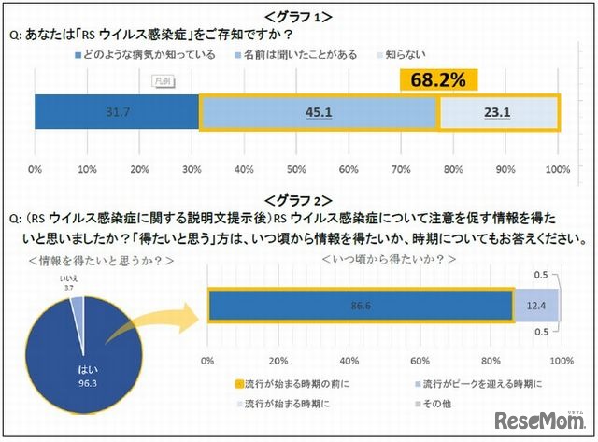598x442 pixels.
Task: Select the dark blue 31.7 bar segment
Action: click(117, 113)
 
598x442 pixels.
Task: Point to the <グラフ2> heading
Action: click(298, 199)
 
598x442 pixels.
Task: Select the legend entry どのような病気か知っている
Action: click(146, 54)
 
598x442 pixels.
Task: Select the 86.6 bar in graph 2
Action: click(360, 306)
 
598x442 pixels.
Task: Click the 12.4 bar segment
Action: click(536, 306)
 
